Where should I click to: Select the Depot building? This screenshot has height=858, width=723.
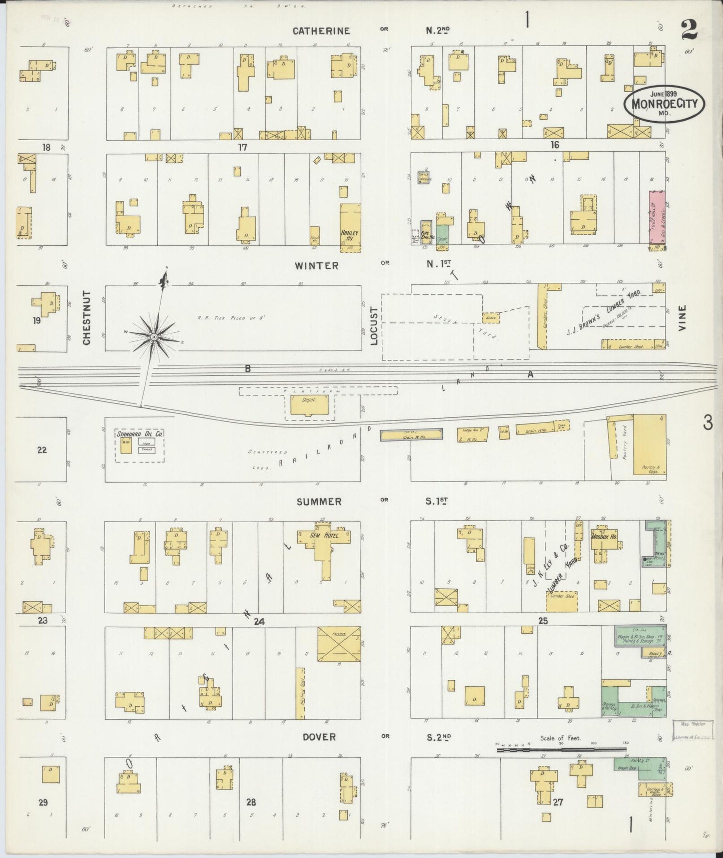[310, 404]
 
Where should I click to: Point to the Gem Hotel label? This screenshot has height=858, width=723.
[325, 535]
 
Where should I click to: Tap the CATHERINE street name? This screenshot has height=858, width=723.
[321, 31]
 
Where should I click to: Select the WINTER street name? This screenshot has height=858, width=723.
[317, 266]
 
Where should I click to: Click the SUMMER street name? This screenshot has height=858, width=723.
[318, 502]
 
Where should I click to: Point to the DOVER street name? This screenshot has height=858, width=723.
[319, 737]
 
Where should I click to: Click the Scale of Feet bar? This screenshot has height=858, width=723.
[560, 750]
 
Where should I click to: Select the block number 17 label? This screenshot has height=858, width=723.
[243, 147]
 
